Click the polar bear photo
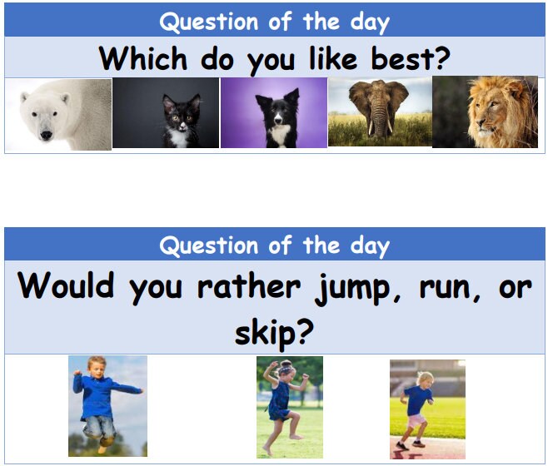57,114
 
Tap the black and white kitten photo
166,114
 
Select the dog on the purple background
273,113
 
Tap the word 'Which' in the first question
142,58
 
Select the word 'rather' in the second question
249,287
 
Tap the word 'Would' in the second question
67,287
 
